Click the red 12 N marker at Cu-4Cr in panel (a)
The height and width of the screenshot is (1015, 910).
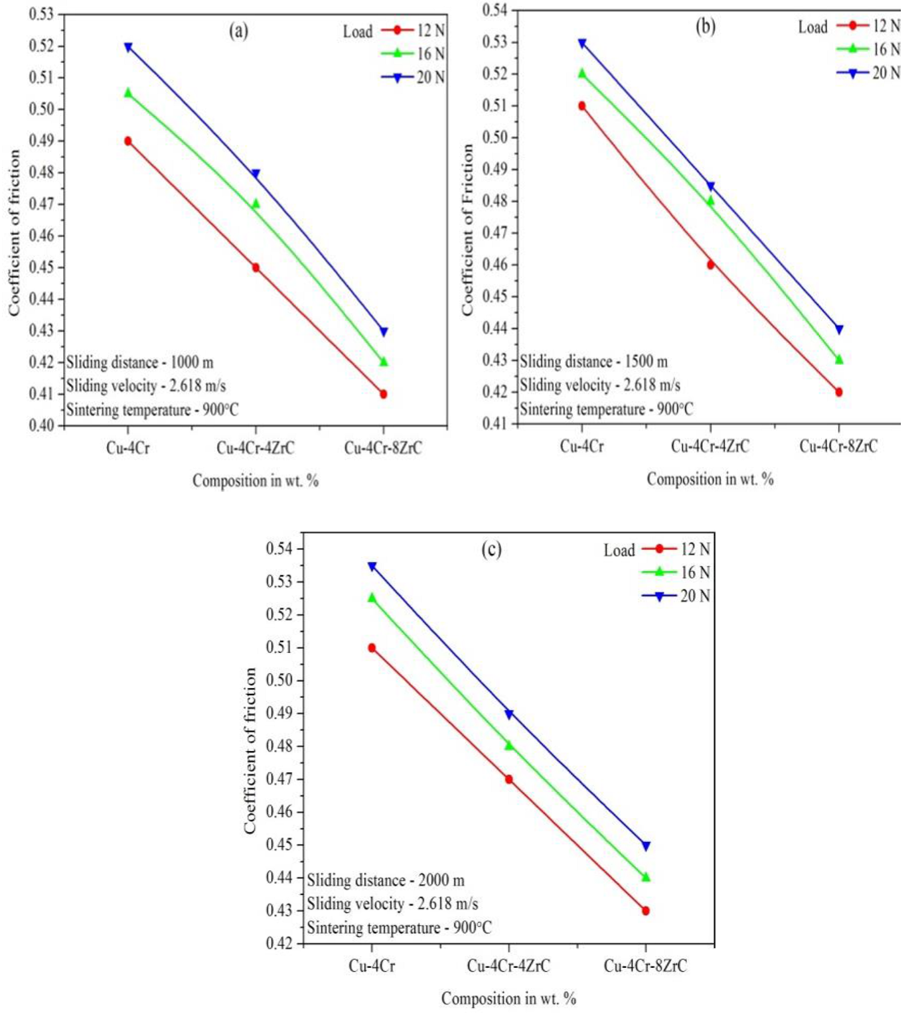click(128, 141)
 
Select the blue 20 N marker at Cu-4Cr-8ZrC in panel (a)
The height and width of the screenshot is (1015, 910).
click(384, 332)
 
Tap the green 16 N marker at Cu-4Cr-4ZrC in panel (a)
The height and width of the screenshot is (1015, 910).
click(256, 204)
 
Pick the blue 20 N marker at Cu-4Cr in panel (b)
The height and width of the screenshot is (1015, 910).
click(582, 44)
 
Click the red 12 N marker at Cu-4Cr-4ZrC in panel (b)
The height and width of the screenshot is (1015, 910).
click(711, 265)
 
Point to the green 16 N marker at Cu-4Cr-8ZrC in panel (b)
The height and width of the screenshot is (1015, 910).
click(839, 359)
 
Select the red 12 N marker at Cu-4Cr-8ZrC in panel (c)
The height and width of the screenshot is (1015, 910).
click(646, 911)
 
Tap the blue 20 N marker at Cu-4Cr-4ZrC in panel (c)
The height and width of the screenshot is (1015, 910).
click(509, 714)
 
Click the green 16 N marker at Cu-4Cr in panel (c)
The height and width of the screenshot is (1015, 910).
click(372, 598)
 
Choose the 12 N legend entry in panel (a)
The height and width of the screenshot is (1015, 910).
click(413, 31)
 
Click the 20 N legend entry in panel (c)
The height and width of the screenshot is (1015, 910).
click(676, 596)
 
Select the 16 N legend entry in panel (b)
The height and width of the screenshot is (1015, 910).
click(868, 49)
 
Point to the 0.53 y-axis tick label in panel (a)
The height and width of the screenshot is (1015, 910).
click(41, 14)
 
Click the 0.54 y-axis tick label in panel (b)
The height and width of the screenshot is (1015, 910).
click(495, 10)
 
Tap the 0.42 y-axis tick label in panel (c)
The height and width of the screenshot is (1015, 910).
click(279, 943)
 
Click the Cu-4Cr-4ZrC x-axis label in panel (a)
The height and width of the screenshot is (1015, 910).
click(256, 448)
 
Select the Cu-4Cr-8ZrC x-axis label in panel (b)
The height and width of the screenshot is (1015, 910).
click(838, 446)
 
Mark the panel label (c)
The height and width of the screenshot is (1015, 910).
click(491, 550)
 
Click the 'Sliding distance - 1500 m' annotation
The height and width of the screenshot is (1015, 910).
click(593, 362)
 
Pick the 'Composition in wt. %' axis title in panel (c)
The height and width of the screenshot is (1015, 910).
click(508, 998)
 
